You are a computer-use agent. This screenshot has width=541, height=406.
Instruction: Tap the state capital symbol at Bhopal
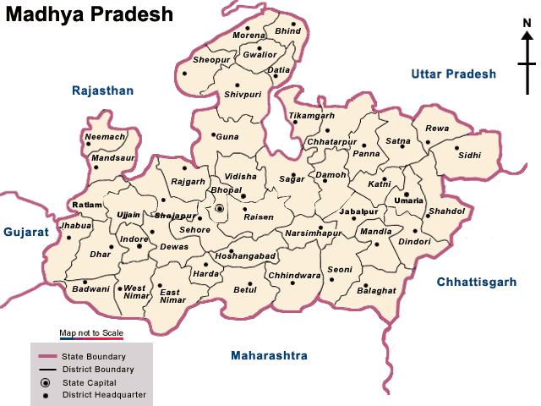point(220,208)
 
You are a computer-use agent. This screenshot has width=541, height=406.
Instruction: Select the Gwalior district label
point(259,54)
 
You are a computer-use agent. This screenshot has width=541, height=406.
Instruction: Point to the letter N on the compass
point(527,35)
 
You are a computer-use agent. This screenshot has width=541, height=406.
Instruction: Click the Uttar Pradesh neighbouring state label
point(453,74)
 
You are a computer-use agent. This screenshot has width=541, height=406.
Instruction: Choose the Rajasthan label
point(103,91)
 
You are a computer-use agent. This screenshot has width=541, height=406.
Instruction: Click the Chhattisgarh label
point(476,282)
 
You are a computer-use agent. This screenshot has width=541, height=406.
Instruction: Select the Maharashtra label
point(269,355)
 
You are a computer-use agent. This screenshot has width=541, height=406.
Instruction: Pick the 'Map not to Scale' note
point(91,332)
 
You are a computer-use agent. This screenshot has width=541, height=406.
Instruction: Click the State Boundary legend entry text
point(102,357)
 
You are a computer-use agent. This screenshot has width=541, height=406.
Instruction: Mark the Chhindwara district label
point(294,276)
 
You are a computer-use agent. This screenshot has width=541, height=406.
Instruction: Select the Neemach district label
point(106,136)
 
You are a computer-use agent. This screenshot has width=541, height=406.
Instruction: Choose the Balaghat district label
point(376,290)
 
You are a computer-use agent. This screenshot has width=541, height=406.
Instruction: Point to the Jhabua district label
point(75,227)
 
